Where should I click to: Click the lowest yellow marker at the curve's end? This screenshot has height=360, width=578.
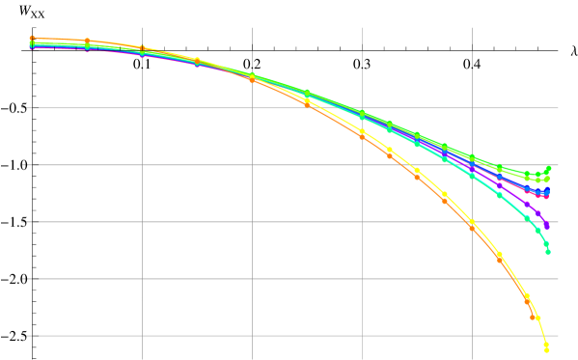[x=546, y=349]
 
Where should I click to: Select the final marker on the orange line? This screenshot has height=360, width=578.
[x=533, y=317]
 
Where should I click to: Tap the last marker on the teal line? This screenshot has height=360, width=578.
[x=548, y=251]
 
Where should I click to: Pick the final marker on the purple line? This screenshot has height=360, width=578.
[x=547, y=226]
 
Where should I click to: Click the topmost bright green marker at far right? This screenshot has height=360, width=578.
[x=548, y=169]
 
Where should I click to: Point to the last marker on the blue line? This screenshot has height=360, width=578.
[x=547, y=191]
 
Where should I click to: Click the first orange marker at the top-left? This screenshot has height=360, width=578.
[x=32, y=38]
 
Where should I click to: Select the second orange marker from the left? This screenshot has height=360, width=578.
[x=87, y=41]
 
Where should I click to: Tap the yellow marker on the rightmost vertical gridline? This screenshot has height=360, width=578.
[x=472, y=221]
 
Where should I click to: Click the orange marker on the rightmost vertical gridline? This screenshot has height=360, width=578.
[x=472, y=227]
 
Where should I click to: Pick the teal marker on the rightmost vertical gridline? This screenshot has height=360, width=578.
[x=472, y=175]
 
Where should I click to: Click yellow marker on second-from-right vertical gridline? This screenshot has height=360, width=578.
[x=362, y=131]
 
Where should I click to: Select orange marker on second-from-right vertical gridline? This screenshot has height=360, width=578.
[x=362, y=136]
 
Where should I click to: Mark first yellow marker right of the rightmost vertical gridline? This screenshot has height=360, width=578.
[x=500, y=254]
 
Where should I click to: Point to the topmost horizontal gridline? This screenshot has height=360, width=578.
[x=289, y=51]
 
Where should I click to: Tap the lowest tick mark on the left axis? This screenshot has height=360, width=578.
[x=23, y=336]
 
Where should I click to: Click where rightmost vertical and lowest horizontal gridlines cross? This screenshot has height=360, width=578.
[x=472, y=336]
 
